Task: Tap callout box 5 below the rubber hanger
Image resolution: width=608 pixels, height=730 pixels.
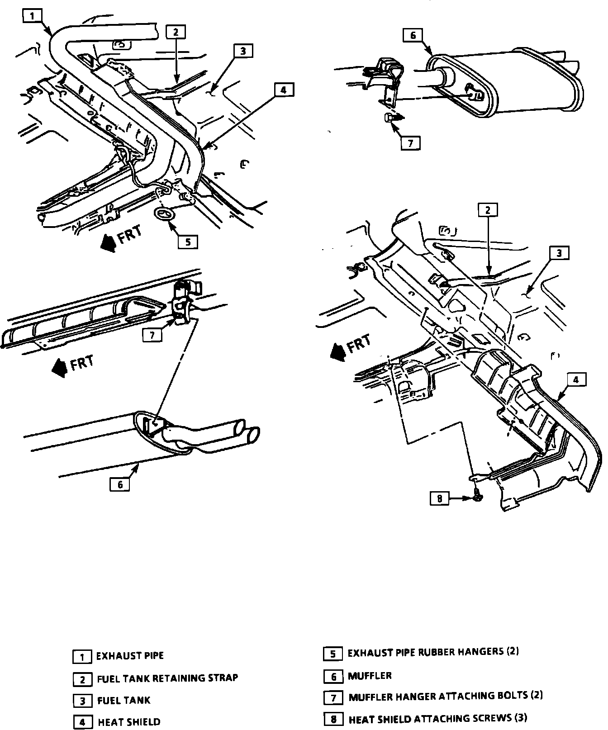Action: (x=188, y=242)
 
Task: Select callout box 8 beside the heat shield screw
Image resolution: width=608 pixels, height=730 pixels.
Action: (x=439, y=498)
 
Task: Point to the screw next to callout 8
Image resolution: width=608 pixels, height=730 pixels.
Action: (x=478, y=497)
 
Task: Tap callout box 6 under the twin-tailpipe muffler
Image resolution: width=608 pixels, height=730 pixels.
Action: (x=120, y=484)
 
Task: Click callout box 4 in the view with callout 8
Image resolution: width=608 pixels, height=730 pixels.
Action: (x=575, y=380)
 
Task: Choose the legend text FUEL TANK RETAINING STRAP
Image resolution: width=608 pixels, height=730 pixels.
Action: (x=167, y=678)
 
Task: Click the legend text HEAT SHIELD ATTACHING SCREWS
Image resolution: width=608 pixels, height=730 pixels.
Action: (x=437, y=718)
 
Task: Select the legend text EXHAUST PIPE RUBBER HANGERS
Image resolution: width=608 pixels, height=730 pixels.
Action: (x=433, y=652)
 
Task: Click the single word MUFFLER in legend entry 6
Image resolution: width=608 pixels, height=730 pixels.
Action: (x=370, y=676)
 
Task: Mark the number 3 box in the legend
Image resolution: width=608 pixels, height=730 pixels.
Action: (x=83, y=701)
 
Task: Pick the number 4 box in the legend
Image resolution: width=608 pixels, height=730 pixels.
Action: (x=83, y=722)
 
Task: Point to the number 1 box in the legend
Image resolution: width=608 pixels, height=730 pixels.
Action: (x=82, y=656)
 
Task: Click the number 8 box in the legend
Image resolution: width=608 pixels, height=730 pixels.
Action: (x=333, y=719)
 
